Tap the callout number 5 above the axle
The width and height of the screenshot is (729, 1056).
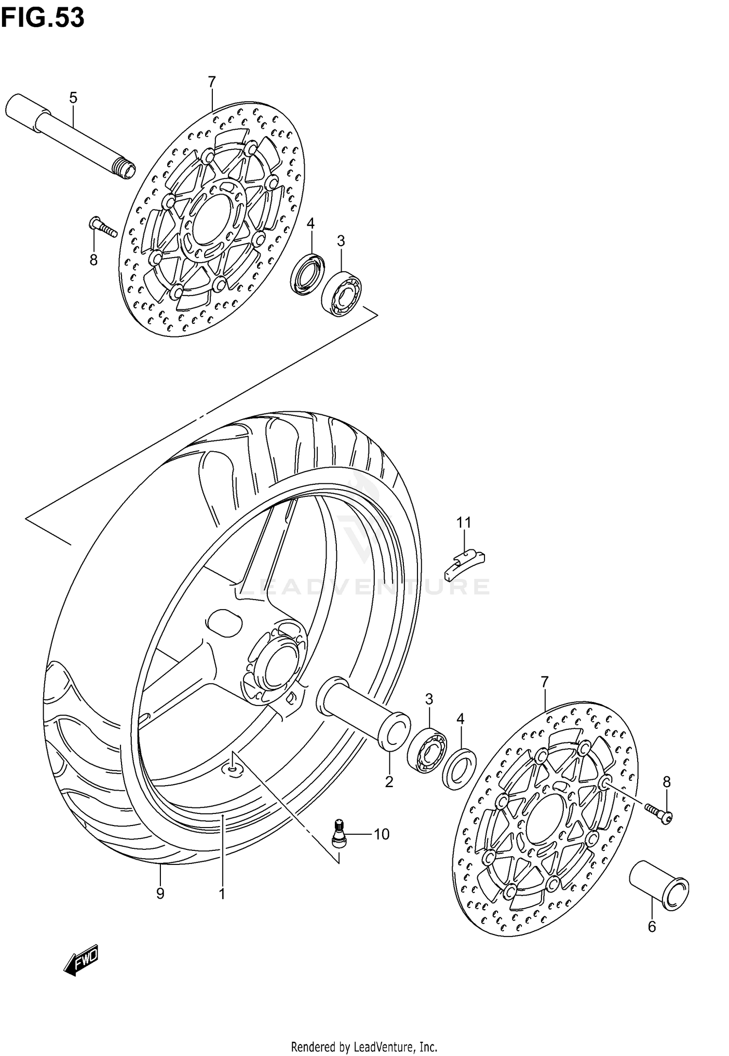(x=73, y=98)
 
